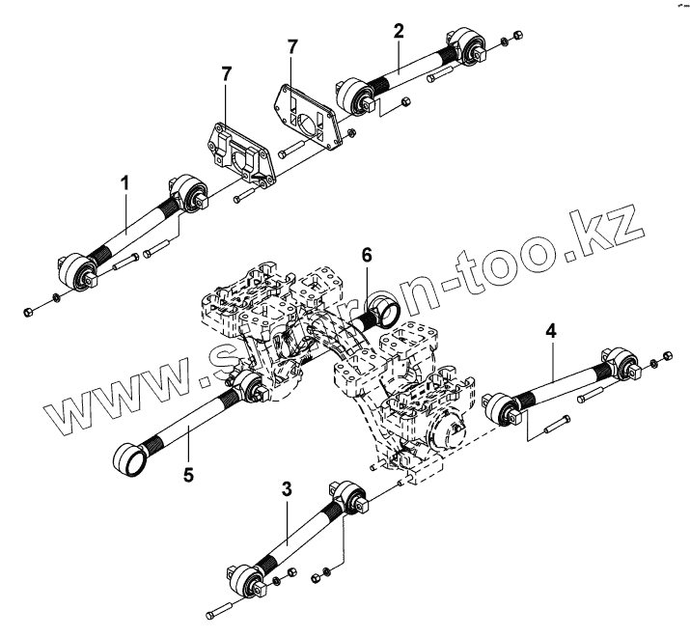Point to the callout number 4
pos(550,331)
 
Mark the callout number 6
pos(366,255)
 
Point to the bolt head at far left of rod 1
pos(29,311)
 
